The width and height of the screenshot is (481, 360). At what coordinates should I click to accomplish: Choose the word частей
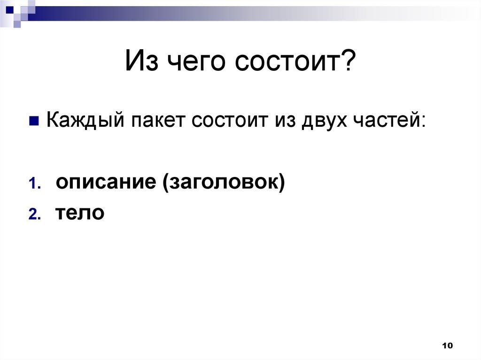click(x=388, y=122)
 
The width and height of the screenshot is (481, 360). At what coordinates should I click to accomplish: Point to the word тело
click(x=80, y=214)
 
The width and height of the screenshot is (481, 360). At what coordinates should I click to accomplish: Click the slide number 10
click(x=447, y=345)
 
